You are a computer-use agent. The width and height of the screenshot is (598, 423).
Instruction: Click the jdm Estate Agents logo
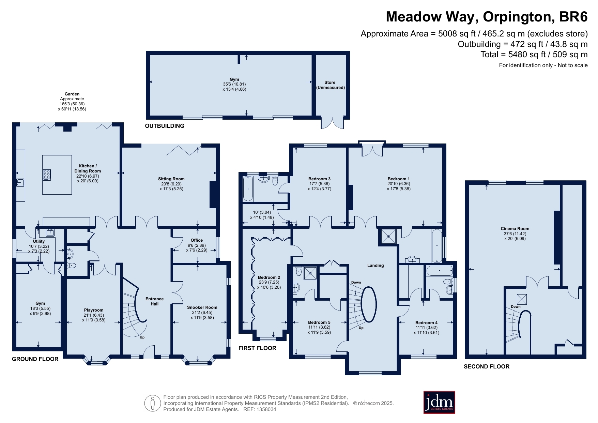click(x=439, y=402)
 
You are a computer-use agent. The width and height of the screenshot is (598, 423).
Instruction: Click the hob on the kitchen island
click(x=47, y=175)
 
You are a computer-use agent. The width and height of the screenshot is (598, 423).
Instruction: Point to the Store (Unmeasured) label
click(x=330, y=85)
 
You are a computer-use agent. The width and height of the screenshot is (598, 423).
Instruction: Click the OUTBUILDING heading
click(x=165, y=126)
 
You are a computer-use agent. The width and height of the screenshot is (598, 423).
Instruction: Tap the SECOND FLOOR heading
click(x=487, y=366)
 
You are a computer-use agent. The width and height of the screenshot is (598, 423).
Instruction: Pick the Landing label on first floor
click(x=375, y=266)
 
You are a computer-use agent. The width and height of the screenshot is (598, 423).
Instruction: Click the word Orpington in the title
click(x=517, y=17)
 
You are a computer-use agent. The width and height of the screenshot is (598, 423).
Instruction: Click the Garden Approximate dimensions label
click(x=72, y=102)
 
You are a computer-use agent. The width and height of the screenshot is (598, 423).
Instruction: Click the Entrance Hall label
click(x=155, y=301)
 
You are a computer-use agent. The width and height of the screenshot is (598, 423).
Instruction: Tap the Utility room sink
click(x=50, y=232)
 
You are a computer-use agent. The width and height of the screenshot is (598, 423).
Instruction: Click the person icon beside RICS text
click(x=153, y=403)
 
